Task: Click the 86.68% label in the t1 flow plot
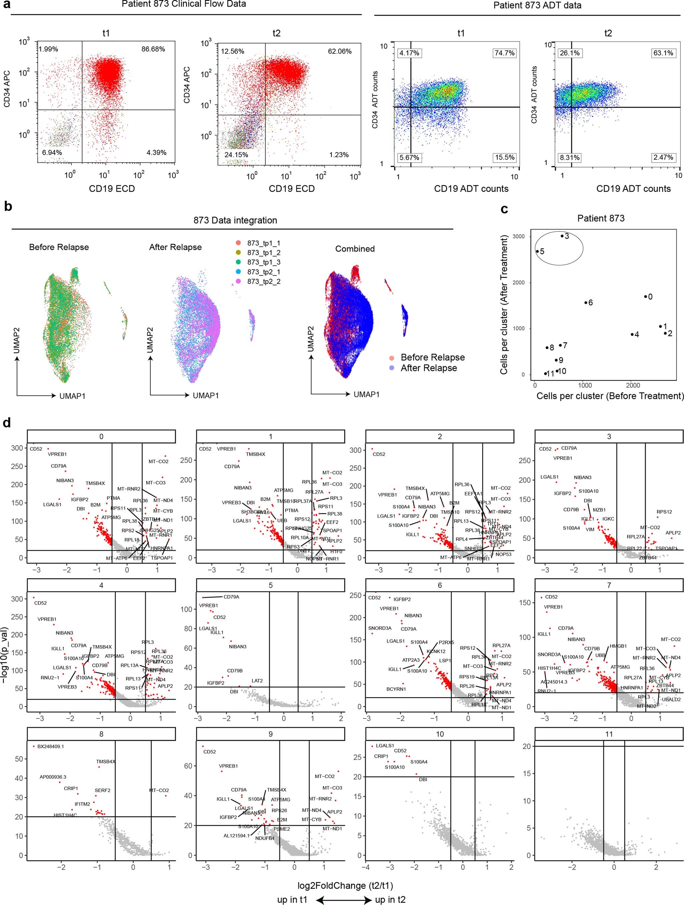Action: pos(153,49)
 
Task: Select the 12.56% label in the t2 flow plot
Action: pos(233,52)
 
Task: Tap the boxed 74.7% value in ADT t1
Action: pos(504,53)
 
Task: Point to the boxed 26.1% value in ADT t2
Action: pos(569,53)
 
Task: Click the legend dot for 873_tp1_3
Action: pos(238,262)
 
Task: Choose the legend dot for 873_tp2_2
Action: pos(238,281)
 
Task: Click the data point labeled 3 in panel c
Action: pos(562,236)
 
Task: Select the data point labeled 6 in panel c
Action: pos(586,303)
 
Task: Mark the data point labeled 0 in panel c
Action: pos(646,297)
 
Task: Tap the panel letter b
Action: pos(8,206)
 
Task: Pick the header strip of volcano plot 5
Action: pos(271,586)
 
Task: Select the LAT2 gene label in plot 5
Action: pos(257,681)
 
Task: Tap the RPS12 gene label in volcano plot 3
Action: pos(664,512)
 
